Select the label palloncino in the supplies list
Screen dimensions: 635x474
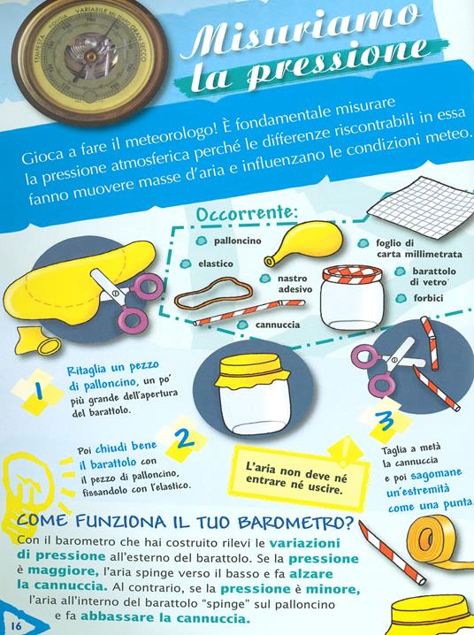233,241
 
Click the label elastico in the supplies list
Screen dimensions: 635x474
215,263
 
